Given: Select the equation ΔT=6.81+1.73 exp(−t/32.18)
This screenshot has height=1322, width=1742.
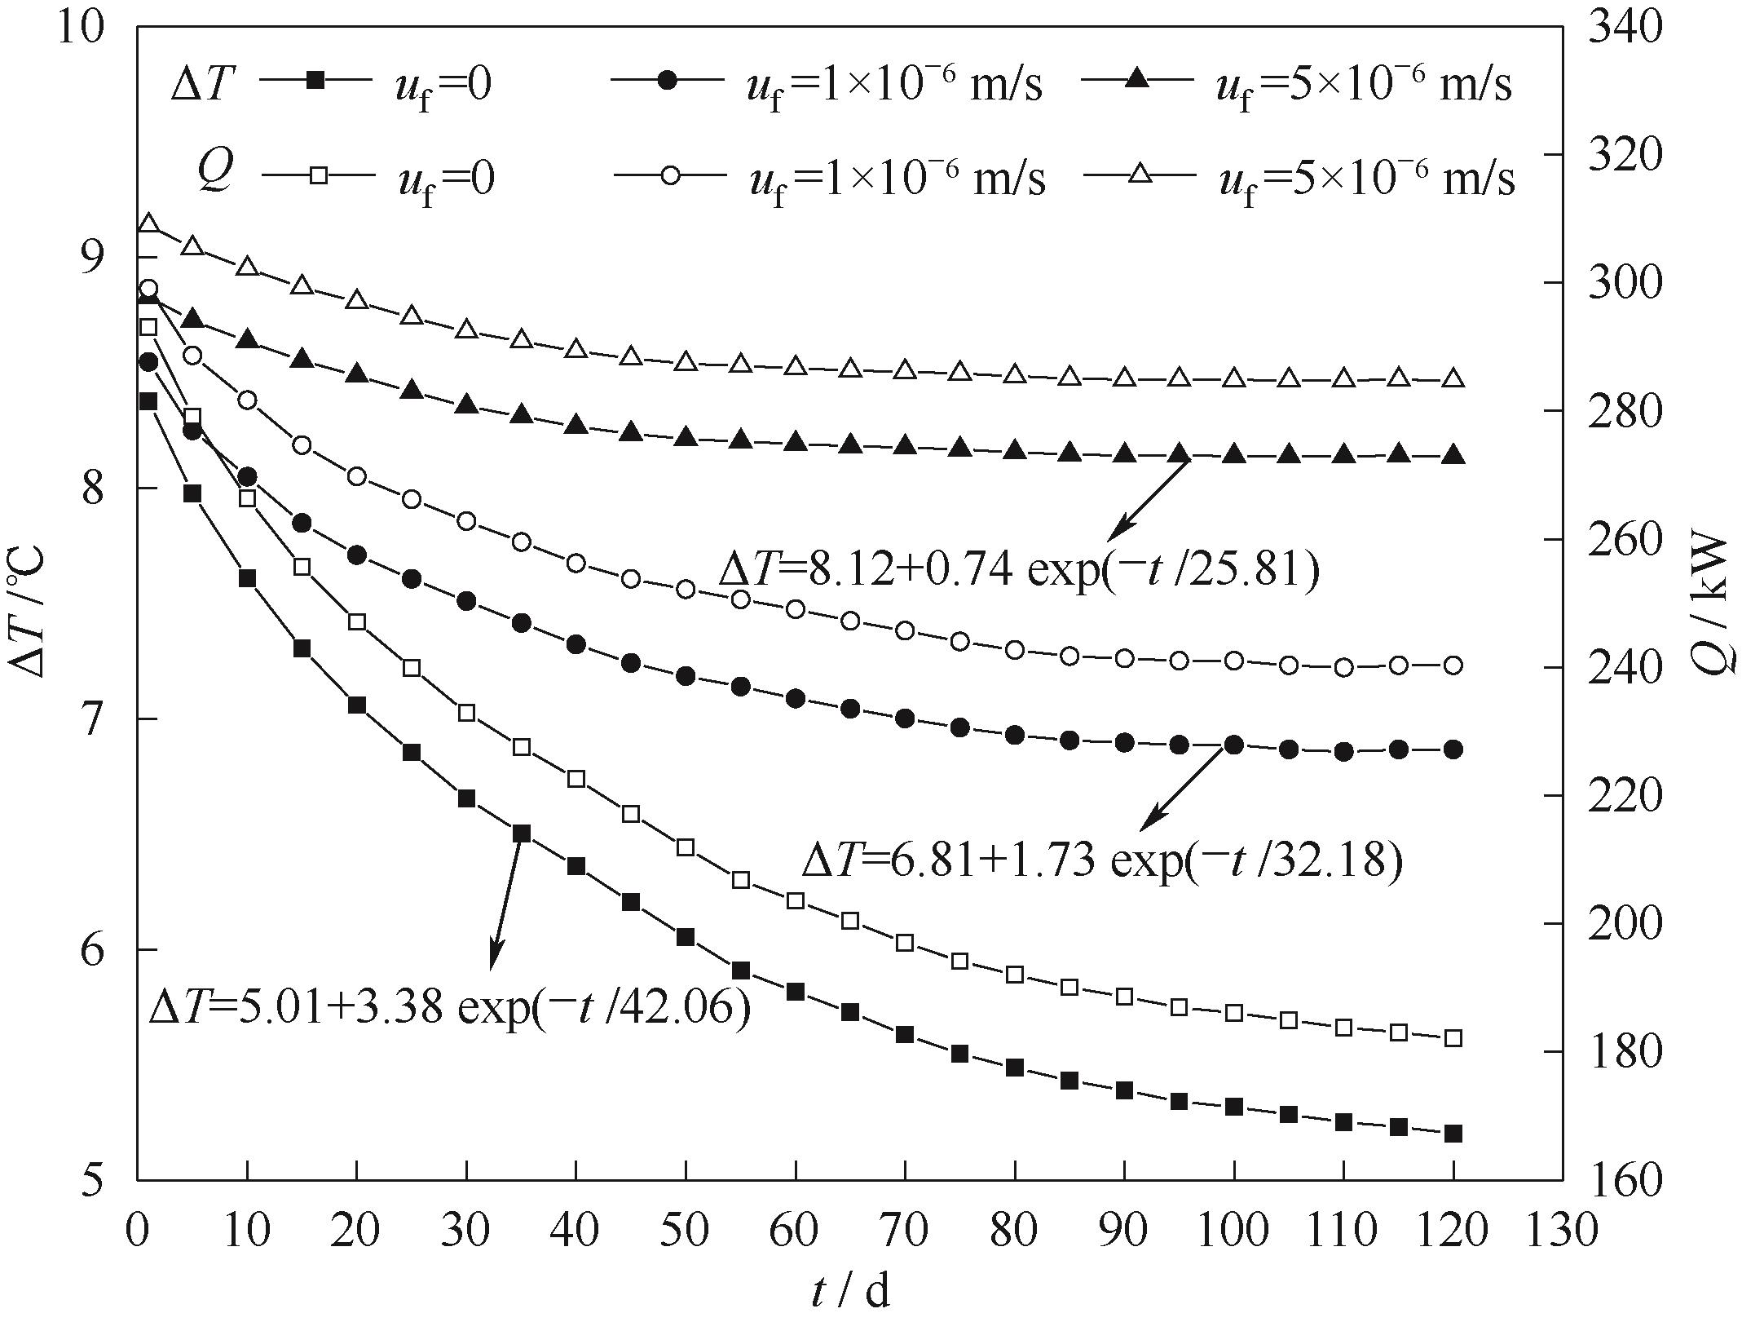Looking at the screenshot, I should point(1102,860).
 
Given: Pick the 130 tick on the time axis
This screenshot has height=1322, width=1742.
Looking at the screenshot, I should point(1563,1230).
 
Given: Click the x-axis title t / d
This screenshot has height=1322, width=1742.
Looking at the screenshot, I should point(850,1291).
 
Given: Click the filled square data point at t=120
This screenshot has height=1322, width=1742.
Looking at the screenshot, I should point(1453,1134).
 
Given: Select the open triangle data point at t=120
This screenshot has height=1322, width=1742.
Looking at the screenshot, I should point(1453,378).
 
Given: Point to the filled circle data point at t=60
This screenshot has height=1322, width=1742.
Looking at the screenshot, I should point(796,698).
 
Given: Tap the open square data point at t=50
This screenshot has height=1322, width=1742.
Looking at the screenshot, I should point(686,847).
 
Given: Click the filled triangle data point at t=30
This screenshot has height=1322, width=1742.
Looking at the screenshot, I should point(466,404).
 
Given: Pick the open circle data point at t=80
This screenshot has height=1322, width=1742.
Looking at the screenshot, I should point(1015,650).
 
